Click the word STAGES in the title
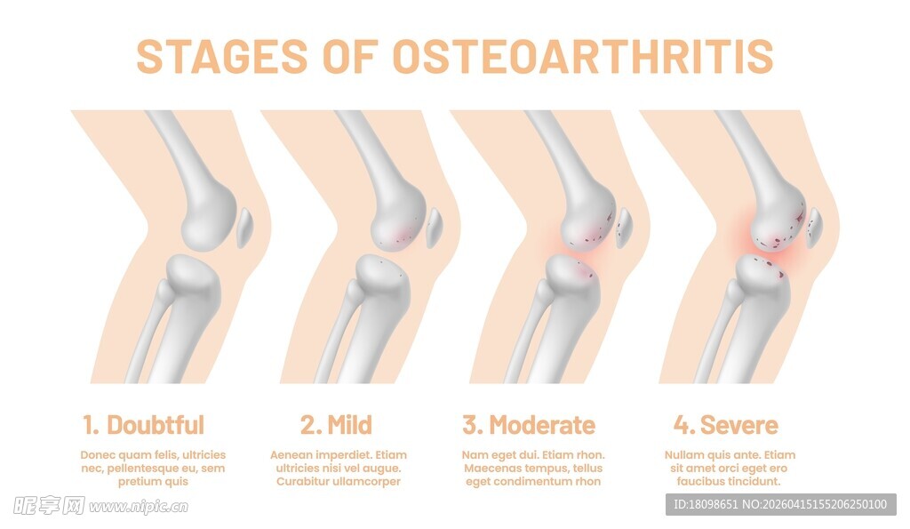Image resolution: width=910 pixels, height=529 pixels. coord(221,56)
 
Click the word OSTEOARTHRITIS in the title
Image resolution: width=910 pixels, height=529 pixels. coord(583,56)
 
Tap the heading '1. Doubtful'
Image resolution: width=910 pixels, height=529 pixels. coord(143,425)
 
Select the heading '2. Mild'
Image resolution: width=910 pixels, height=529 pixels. coord(336,425)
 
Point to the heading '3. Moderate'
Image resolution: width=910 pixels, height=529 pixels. coord(529,425)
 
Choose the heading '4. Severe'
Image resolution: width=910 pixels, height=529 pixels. coord(725,425)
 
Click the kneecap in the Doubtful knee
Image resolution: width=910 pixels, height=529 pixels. coord(244,228)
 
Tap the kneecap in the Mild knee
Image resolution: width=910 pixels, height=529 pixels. coord(434,228)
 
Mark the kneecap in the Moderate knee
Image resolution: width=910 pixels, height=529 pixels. coord(624,228)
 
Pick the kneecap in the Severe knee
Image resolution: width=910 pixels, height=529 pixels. coord(814,228)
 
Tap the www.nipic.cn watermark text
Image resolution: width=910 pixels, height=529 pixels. coord(139,507)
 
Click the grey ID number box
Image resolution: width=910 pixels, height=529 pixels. coord(780,505)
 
